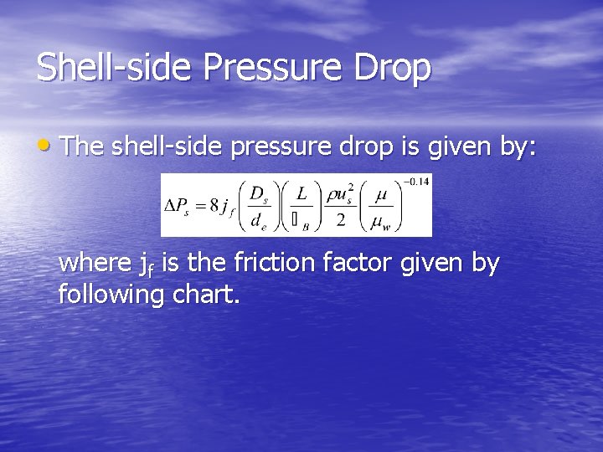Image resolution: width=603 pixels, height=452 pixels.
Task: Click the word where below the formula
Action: click(x=93, y=264)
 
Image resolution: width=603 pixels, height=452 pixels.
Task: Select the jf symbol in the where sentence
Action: click(x=148, y=265)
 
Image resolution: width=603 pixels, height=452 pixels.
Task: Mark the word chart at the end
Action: click(x=209, y=294)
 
